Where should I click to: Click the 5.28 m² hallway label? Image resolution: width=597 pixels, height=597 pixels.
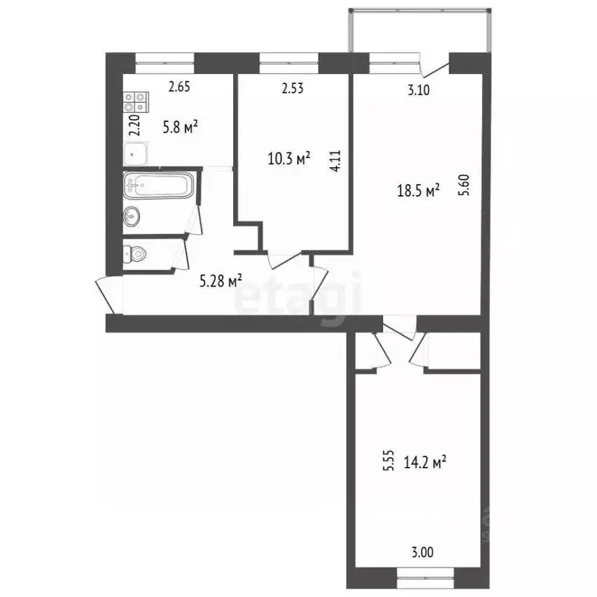point(221,281)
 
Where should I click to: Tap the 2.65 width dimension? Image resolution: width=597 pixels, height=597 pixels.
point(179,87)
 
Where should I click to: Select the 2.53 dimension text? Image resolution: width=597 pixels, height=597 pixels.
point(292,89)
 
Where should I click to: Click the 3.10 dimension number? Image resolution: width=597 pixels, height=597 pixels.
point(420,90)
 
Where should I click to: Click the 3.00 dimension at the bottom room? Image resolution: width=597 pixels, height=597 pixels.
point(421,553)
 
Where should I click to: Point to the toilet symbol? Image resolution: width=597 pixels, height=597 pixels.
point(135,253)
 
